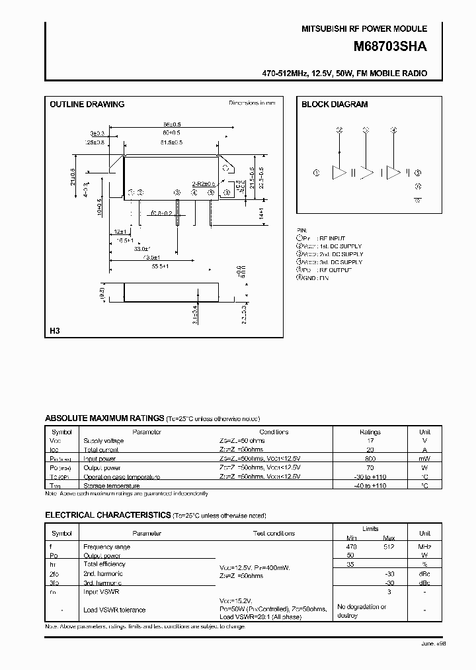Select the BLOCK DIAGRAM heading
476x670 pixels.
point(335,104)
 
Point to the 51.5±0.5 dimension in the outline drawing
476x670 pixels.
point(171,142)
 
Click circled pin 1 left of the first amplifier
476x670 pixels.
point(317,173)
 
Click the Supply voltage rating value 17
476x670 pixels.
point(370,440)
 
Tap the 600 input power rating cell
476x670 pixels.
point(370,458)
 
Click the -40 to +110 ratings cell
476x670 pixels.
point(370,485)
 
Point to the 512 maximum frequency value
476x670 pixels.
point(389,547)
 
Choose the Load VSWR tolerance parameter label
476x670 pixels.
point(114,610)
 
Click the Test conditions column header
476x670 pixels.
point(274,533)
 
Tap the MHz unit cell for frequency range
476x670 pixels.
point(425,547)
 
